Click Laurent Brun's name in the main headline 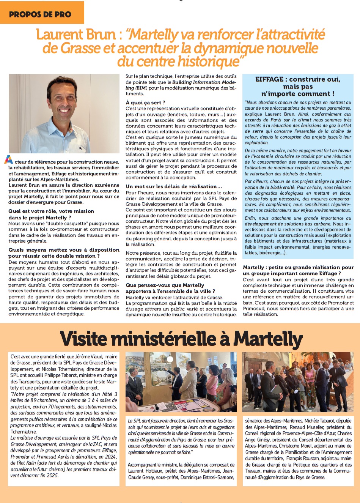point(76,35)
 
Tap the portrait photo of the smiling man point(64,114)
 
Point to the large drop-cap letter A point(8,160)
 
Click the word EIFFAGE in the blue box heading point(269,79)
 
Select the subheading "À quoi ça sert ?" point(145,102)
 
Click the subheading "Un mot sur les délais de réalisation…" point(174,186)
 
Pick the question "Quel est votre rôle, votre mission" point(51,211)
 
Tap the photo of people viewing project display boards point(181,382)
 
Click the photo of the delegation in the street point(298,382)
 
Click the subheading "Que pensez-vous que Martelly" point(165,285)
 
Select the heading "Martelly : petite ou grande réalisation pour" point(298,267)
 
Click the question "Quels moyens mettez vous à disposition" point(64,250)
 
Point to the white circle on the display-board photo point(170,359)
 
